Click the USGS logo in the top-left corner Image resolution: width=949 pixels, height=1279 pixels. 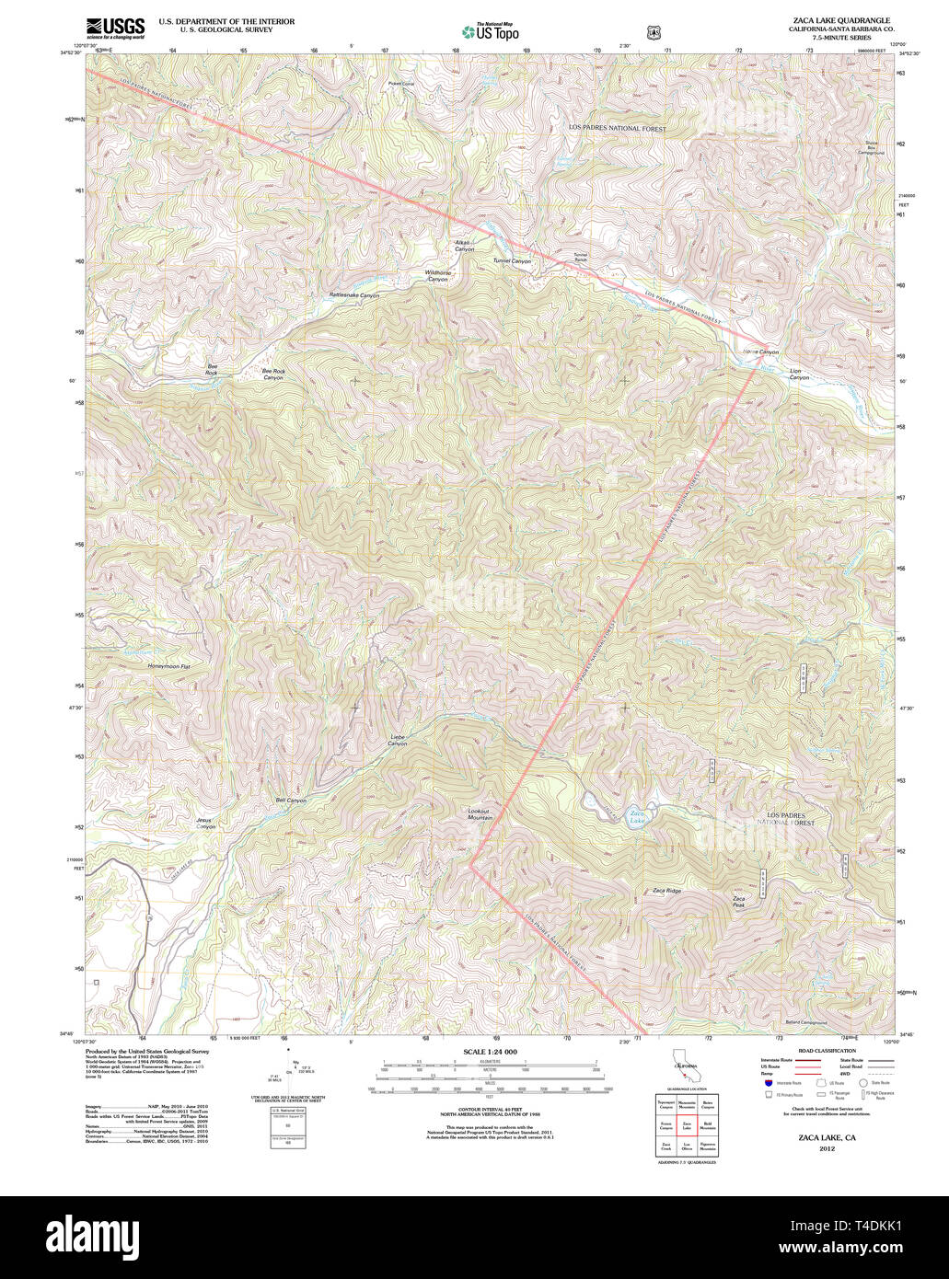tap(115, 28)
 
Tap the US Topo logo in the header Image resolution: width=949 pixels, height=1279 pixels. tap(490, 32)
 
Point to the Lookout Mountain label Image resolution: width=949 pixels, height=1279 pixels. tap(480, 814)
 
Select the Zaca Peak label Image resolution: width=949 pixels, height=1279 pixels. tap(739, 902)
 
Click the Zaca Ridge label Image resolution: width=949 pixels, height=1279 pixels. tap(666, 891)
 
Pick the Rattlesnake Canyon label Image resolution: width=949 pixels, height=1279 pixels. tap(354, 295)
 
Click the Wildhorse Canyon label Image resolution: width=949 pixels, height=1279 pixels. tap(437, 276)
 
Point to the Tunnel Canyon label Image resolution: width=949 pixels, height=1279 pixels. tap(512, 261)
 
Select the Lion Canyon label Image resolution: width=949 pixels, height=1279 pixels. tap(799, 374)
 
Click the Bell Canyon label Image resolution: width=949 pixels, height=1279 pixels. tap(291, 801)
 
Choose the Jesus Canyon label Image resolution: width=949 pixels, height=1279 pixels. tap(206, 823)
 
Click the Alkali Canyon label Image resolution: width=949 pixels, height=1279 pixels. tap(464, 247)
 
